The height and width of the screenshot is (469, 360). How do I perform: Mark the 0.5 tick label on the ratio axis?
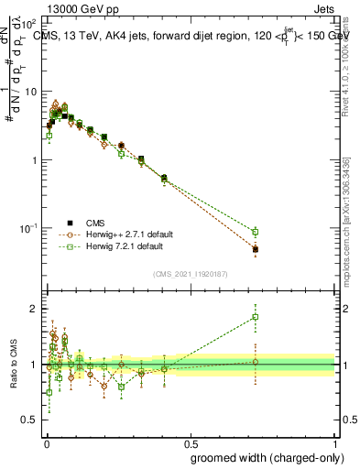click(29, 420)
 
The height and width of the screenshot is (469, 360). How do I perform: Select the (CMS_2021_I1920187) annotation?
click(190, 274)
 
